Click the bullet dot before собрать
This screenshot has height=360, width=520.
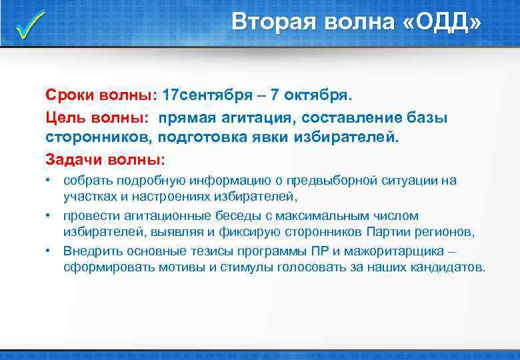49,181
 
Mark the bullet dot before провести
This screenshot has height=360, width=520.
49,216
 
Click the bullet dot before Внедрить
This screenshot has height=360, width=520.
49,251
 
